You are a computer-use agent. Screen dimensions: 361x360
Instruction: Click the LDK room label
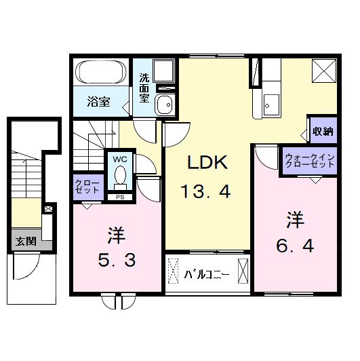point(206,164)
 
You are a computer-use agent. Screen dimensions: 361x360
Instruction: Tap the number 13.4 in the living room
point(206,191)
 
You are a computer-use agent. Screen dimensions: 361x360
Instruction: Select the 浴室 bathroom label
point(99,102)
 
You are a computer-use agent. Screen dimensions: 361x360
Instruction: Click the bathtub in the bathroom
point(100,73)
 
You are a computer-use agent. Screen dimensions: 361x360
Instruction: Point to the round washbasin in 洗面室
point(163,104)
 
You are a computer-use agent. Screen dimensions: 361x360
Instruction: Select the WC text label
point(120,159)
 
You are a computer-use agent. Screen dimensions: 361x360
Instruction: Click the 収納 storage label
point(323,132)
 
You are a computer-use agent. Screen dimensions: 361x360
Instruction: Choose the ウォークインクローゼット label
point(309,161)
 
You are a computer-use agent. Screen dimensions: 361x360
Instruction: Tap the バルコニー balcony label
point(207,275)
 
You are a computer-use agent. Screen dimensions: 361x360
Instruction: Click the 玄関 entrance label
point(26,240)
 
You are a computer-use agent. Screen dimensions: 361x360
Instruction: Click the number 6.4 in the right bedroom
point(294,247)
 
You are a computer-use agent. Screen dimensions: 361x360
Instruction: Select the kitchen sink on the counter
point(272,104)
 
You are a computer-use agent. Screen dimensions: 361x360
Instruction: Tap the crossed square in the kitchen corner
point(322,71)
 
